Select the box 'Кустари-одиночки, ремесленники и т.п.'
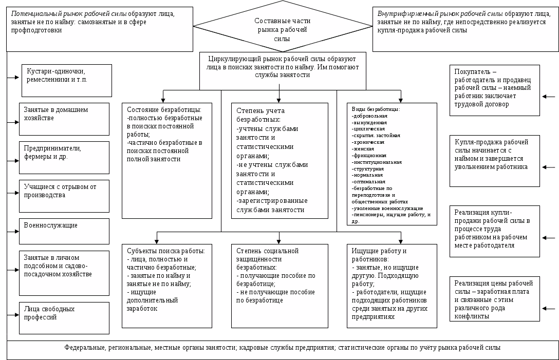pos(67,81)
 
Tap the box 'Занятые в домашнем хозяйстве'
pos(64,119)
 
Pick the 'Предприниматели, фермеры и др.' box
pos(64,157)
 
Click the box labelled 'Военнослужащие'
pos(64,232)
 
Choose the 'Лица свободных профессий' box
pos(64,318)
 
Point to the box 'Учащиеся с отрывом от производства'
pos(64,196)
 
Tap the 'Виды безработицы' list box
pos(392,164)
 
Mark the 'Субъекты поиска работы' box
pos(167,286)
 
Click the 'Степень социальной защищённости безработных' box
pos(279,286)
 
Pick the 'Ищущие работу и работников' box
pos(392,286)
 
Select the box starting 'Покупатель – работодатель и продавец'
pos(494,90)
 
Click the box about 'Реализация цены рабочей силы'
pos(494,299)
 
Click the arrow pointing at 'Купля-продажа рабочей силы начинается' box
pos(549,167)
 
